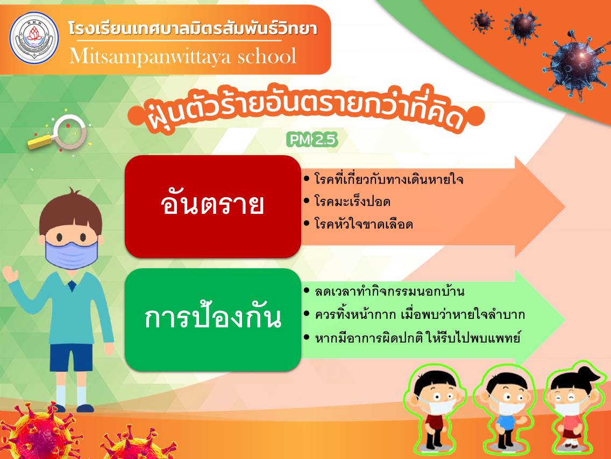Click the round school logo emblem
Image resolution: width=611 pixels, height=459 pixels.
click(x=34, y=38)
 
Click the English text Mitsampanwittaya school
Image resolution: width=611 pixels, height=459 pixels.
click(x=183, y=57)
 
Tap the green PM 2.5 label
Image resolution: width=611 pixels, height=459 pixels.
click(x=312, y=140)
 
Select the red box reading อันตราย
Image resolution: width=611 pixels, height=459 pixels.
click(x=213, y=206)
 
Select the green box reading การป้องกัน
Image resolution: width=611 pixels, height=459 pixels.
click(x=213, y=319)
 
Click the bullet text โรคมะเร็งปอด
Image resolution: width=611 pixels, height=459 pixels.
click(x=352, y=202)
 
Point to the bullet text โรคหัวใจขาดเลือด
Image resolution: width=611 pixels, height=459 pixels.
click(x=364, y=224)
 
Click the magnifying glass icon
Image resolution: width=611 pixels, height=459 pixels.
click(x=59, y=134)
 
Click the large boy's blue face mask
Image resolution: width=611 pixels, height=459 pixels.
click(x=71, y=254)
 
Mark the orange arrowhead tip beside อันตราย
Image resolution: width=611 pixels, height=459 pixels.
click(x=565, y=206)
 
